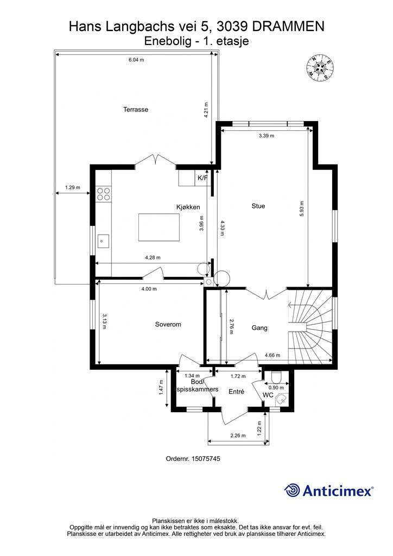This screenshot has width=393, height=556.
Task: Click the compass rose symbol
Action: (x=320, y=67)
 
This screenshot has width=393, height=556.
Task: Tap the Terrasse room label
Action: (x=136, y=110)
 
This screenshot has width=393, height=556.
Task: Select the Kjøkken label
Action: (x=188, y=207)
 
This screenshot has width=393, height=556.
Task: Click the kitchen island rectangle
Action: (x=159, y=228)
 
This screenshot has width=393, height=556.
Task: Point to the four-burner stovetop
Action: (x=104, y=194)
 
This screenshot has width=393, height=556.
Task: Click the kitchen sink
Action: (x=103, y=241)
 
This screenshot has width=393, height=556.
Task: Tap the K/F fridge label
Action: (x=202, y=178)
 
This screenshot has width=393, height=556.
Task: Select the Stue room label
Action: (x=258, y=206)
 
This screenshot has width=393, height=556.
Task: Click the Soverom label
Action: (x=168, y=324)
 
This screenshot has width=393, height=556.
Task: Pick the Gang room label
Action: (x=259, y=327)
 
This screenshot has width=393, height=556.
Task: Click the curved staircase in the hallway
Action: (x=310, y=325)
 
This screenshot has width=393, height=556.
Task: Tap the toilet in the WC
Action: (x=275, y=376)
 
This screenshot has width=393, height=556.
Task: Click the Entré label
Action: (x=236, y=391)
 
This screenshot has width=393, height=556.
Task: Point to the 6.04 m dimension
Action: (x=136, y=60)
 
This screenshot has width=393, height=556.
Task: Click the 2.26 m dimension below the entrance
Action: (x=238, y=435)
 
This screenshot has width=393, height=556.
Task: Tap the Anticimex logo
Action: (x=328, y=490)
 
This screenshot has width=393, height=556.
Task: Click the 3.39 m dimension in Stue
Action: (x=267, y=135)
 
